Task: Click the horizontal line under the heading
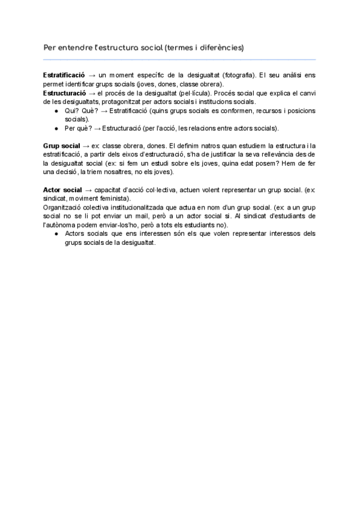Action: (179, 59)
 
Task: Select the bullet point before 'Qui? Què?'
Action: (56, 111)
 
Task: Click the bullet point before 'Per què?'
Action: (56, 128)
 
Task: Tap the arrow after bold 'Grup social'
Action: (86, 146)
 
